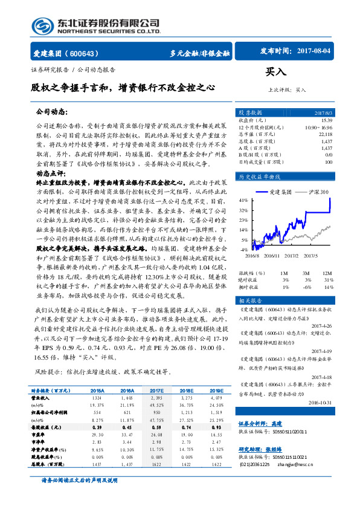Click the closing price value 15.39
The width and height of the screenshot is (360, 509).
pyautogui.click(x=327, y=120)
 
